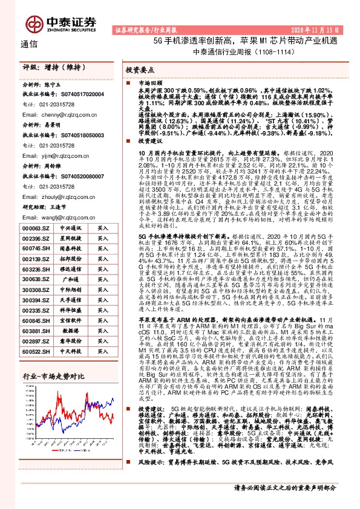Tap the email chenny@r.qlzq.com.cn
pyautogui.click(x=56, y=113)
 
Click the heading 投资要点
pyautogui.click(x=141, y=71)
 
